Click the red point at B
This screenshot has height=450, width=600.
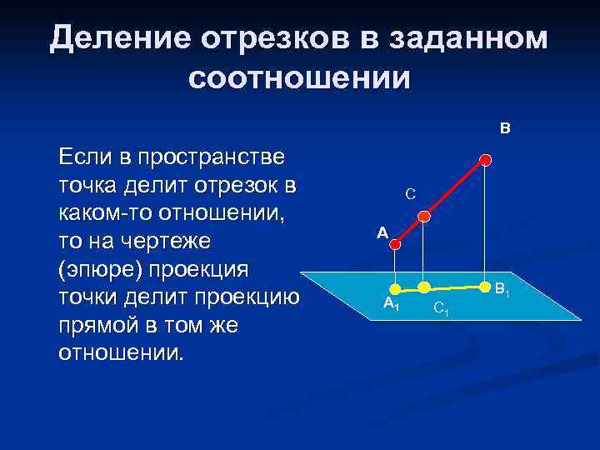[486, 159]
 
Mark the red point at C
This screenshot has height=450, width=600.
[423, 217]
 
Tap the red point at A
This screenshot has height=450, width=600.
[397, 244]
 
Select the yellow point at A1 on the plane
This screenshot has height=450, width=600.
[397, 289]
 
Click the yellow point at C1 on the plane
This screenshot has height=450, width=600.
[423, 287]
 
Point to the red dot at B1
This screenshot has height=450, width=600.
[486, 282]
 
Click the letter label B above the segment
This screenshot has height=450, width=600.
[505, 129]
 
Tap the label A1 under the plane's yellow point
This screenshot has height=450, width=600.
[391, 305]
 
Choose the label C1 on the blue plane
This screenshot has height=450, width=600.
[442, 310]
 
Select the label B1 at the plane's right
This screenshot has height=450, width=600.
[503, 291]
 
